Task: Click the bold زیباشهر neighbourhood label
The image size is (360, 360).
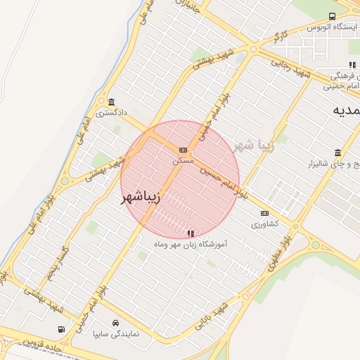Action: [141, 198]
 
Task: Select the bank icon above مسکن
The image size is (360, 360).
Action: [184, 150]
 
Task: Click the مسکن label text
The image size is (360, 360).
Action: [183, 160]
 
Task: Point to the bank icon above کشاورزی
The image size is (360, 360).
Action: [264, 213]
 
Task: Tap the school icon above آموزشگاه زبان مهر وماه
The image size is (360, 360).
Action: [191, 233]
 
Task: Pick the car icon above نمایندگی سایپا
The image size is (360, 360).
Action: [105, 323]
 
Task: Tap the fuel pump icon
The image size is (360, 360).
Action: [62, 329]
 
